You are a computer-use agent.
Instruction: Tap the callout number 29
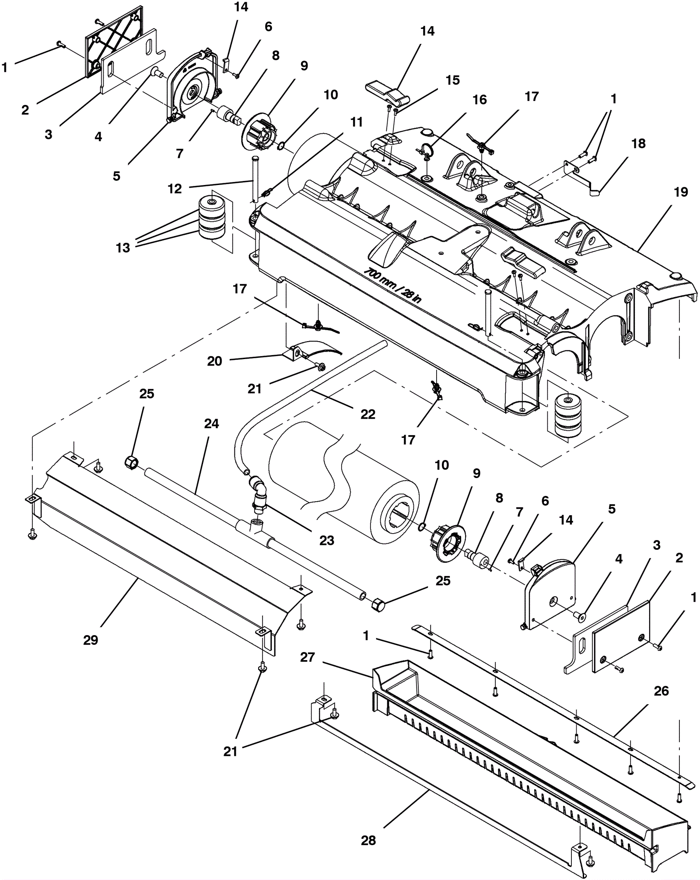(91, 640)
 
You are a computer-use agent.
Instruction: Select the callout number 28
(368, 840)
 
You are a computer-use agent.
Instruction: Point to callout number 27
(308, 657)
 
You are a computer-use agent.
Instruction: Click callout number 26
(661, 691)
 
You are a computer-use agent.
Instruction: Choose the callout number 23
(326, 541)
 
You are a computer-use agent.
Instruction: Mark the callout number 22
(367, 414)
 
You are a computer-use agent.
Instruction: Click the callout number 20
(214, 361)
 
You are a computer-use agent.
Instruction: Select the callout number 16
(479, 100)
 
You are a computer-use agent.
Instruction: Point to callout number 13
(123, 248)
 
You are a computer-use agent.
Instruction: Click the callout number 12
(175, 189)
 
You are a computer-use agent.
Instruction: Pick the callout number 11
(357, 122)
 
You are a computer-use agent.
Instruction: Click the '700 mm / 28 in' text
(393, 285)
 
